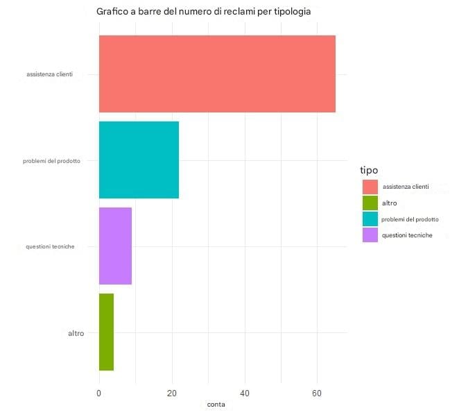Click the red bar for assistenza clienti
coord(217,74)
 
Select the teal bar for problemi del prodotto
coord(139,160)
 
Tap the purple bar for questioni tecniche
coord(115,246)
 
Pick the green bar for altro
coord(106,332)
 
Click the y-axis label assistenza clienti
coord(49,74)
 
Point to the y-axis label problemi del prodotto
coord(52,160)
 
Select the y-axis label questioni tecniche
coord(50,246)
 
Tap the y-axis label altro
coord(76,333)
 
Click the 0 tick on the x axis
coord(99,392)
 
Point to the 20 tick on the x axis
coord(172,392)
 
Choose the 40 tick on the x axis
coord(245,392)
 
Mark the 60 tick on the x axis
coord(317,392)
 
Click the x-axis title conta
coord(216,404)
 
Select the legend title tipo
coord(368,171)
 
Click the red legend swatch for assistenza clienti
coord(370,187)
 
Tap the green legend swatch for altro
coord(370,203)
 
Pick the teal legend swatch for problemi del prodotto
coord(370,219)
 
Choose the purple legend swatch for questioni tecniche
coord(370,235)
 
